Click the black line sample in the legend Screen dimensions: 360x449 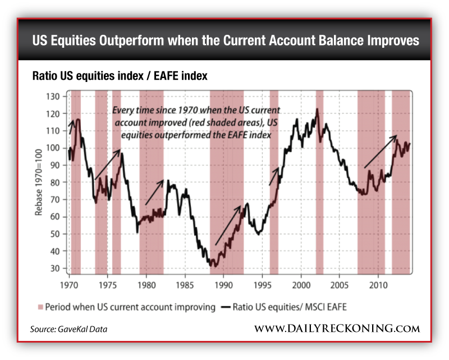226,307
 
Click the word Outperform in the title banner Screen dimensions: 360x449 130,41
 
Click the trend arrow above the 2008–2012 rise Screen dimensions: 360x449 381,152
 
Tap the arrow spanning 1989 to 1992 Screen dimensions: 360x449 228,225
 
